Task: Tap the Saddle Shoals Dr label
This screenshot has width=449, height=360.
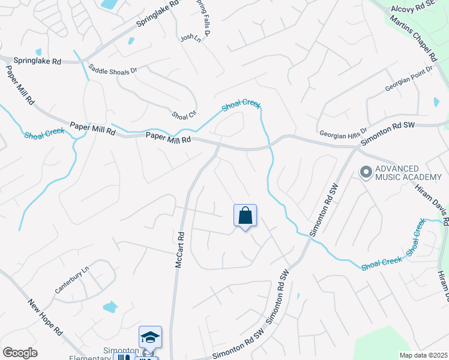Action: pyautogui.click(x=113, y=70)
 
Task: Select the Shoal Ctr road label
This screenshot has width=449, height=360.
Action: pyautogui.click(x=184, y=115)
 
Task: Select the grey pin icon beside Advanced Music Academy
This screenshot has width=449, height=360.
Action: pyautogui.click(x=365, y=173)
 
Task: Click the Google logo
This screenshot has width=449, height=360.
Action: pyautogui.click(x=20, y=353)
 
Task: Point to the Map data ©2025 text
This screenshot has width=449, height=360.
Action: pyautogui.click(x=423, y=355)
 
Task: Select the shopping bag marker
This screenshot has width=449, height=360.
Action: pyautogui.click(x=245, y=216)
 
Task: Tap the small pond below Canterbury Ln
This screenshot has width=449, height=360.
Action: pyautogui.click(x=110, y=307)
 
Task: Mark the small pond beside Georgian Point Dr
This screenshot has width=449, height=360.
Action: pyautogui.click(x=436, y=102)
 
